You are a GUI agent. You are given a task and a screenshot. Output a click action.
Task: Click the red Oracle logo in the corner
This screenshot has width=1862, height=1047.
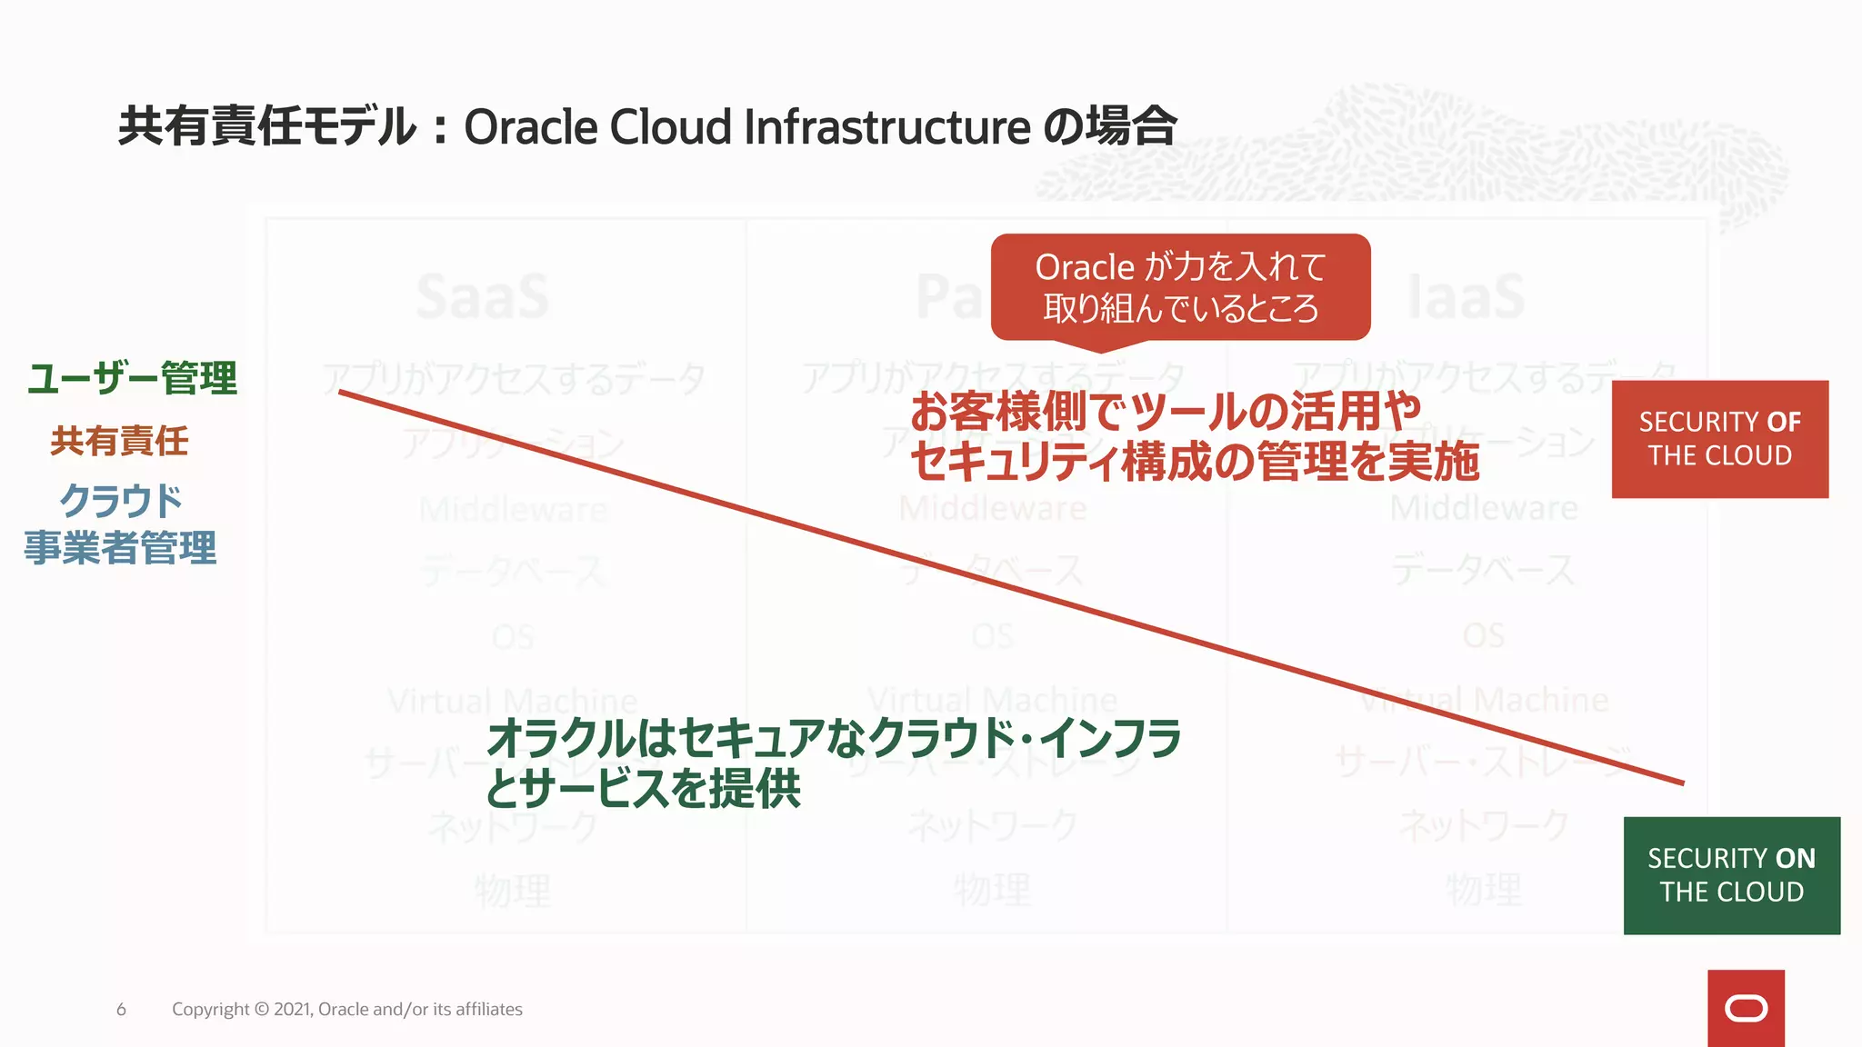(1746, 1008)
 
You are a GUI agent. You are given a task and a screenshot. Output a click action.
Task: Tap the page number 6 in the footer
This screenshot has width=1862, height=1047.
(121, 1009)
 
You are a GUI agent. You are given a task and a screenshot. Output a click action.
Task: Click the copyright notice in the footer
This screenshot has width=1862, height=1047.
(346, 1009)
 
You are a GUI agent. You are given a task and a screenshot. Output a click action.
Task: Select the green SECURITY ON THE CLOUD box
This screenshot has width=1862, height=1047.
(1731, 875)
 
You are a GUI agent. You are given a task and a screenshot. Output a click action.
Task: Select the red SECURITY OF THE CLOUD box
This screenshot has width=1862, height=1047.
(1719, 439)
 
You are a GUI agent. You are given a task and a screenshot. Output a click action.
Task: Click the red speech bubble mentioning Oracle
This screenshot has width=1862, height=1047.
(1180, 287)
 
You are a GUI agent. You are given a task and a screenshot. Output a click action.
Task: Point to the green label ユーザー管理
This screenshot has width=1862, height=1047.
(133, 378)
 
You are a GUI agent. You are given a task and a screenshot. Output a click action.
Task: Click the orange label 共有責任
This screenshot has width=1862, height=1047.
(119, 441)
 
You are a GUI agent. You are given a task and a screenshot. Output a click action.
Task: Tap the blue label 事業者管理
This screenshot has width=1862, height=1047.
(120, 548)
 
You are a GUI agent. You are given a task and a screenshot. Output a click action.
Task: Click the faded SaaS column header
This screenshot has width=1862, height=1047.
(483, 296)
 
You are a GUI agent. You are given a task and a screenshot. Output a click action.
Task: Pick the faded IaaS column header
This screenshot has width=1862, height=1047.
(1466, 296)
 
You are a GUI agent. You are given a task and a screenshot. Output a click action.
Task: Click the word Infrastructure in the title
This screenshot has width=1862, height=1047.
(886, 126)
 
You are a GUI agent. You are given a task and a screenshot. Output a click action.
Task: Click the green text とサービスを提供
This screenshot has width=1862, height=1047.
(642, 788)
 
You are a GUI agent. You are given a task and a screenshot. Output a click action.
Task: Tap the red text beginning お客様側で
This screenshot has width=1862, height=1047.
(1165, 411)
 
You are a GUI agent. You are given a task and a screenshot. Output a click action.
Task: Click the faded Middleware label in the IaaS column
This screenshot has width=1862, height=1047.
(1484, 508)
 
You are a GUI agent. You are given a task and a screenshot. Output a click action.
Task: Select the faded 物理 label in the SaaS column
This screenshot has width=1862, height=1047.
(513, 890)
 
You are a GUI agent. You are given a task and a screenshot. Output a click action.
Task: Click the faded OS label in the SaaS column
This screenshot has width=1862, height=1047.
(513, 636)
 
